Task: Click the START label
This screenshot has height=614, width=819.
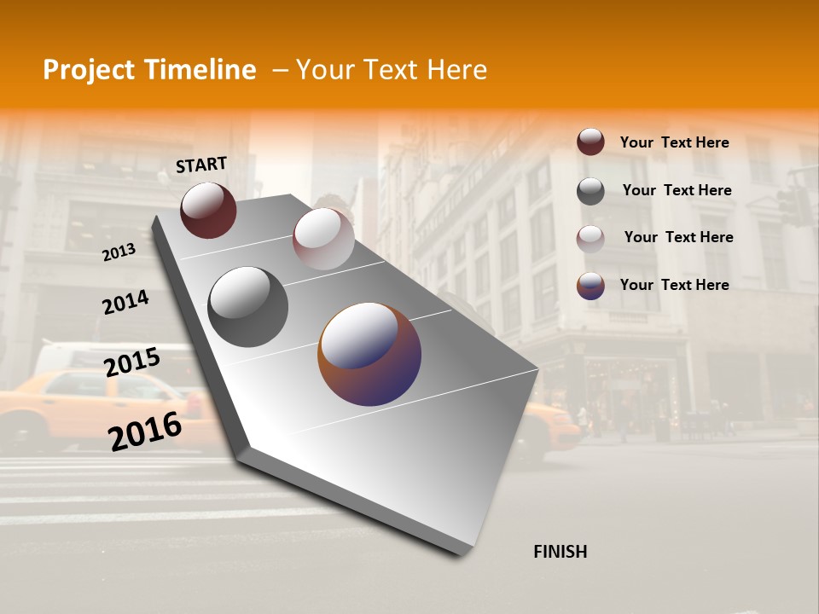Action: pyautogui.click(x=201, y=165)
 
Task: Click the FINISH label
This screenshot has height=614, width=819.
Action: pyautogui.click(x=560, y=552)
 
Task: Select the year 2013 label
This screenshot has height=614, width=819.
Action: pyautogui.click(x=119, y=252)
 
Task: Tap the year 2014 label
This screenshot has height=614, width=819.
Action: pyautogui.click(x=125, y=302)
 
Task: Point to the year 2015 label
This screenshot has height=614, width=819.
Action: pyautogui.click(x=131, y=362)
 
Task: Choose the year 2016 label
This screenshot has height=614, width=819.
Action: pyautogui.click(x=145, y=431)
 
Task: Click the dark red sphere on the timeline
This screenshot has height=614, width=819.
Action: pyautogui.click(x=208, y=210)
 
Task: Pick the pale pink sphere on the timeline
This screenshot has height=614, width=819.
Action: pyautogui.click(x=323, y=239)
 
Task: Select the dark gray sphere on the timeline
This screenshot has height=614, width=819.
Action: pyautogui.click(x=247, y=307)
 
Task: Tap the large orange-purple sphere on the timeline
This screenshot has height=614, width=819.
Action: pyautogui.click(x=369, y=354)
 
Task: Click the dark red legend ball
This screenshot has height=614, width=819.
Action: pyautogui.click(x=590, y=142)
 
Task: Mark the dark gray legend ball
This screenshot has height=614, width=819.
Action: pyautogui.click(x=590, y=191)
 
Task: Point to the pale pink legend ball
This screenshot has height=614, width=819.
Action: pyautogui.click(x=590, y=239)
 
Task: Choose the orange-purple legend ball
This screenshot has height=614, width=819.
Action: pyautogui.click(x=590, y=286)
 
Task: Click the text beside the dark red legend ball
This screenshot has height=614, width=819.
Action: pyautogui.click(x=674, y=142)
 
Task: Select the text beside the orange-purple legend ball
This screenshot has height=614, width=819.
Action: pyautogui.click(x=674, y=285)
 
